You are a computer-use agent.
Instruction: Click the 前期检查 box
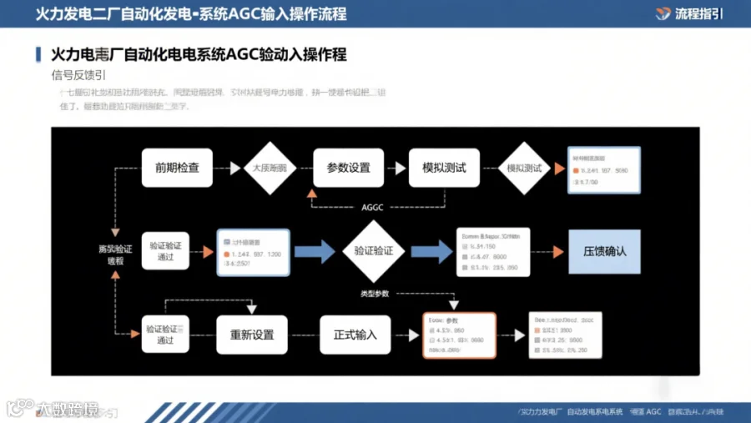point(177,168)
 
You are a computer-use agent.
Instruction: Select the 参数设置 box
point(348,168)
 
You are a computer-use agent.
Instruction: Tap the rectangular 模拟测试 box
point(438,168)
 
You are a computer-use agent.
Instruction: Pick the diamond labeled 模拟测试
point(524,168)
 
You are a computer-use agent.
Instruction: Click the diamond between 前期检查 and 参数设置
point(269,168)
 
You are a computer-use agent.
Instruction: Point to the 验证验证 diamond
point(374,250)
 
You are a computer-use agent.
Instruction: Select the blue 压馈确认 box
point(604,251)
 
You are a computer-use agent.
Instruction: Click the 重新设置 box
point(252,335)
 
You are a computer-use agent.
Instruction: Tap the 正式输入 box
point(355,335)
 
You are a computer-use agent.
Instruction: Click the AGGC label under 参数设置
point(372,207)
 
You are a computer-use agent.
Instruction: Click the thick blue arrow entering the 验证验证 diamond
point(315,250)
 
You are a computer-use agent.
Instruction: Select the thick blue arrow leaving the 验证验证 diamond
point(431,250)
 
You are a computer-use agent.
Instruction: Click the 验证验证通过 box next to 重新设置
point(165,334)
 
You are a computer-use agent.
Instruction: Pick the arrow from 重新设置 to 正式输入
point(304,335)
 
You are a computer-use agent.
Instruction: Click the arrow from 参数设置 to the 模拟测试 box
point(396,168)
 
